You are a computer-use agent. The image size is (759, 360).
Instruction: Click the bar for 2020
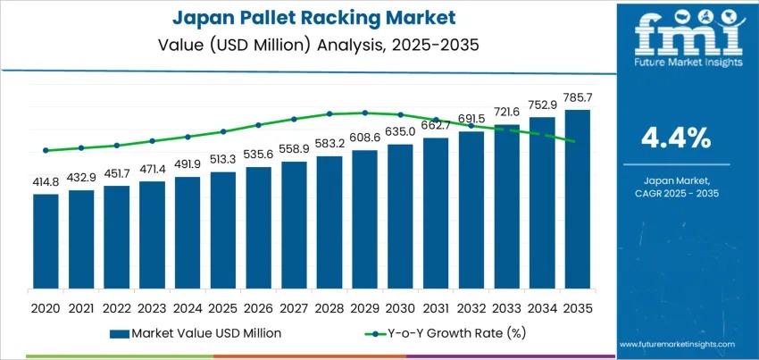[x=46, y=241]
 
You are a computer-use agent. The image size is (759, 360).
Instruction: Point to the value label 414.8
[x=46, y=182]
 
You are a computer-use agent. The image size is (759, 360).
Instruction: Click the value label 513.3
[x=223, y=159]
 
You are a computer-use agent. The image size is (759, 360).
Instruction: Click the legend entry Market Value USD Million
[x=196, y=333]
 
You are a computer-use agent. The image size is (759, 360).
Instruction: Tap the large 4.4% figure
[x=676, y=138]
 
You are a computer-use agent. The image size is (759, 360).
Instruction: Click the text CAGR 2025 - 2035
[x=676, y=193]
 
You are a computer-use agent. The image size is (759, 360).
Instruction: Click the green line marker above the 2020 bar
[x=46, y=150]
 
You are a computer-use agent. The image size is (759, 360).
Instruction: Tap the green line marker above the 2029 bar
[x=364, y=113]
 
